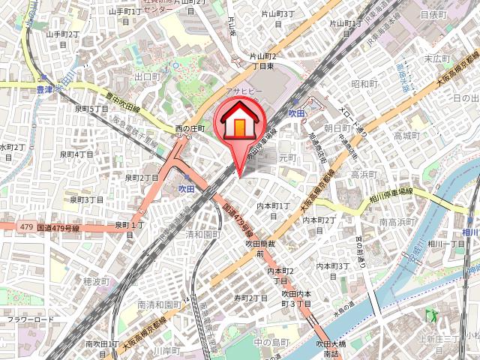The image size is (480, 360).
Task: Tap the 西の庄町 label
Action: click(190, 128)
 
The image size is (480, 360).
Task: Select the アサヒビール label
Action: click(242, 88)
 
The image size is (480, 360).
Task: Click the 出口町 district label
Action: click(148, 76)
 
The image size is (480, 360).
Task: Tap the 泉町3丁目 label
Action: click(86, 199)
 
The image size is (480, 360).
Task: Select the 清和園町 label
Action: click(203, 234)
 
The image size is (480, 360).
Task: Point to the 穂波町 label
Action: click(97, 281)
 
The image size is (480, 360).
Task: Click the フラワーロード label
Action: click(31, 320)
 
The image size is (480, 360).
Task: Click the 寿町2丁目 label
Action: click(250, 298)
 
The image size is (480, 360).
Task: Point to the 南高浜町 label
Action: click(397, 222)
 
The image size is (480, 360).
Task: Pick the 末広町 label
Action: click(436, 57)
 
